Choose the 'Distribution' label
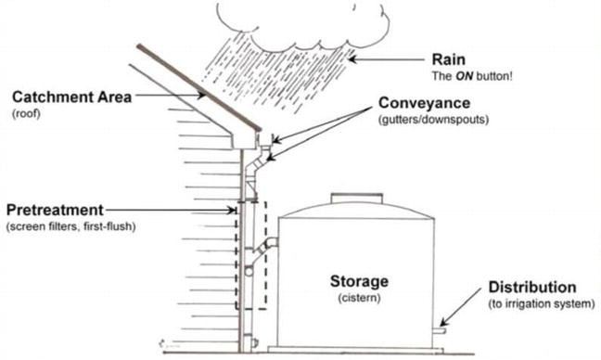pyautogui.click(x=531, y=288)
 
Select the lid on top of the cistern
pyautogui.click(x=358, y=198)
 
